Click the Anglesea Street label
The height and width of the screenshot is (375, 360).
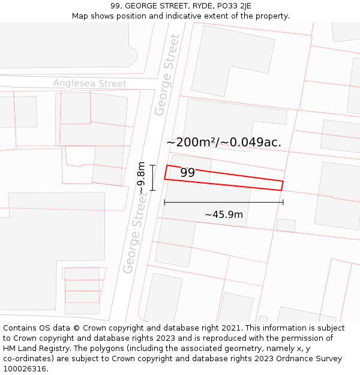pyautogui.click(x=89, y=83)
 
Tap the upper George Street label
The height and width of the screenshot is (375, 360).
pyautogui.click(x=167, y=75)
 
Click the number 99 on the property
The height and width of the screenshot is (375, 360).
pyautogui.click(x=187, y=173)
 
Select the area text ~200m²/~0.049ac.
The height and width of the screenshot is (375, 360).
pyautogui.click(x=224, y=143)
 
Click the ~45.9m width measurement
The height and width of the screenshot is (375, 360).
pyautogui.click(x=223, y=215)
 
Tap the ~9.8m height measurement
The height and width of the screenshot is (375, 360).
pyautogui.click(x=142, y=178)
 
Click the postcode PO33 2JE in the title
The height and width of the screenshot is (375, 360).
pyautogui.click(x=230, y=6)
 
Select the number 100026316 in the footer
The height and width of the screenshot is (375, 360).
pyautogui.click(x=25, y=369)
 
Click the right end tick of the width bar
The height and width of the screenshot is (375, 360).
pyautogui.click(x=283, y=202)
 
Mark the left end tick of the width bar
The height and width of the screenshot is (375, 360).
pyautogui.click(x=164, y=202)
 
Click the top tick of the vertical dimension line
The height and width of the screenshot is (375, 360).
pyautogui.click(x=153, y=165)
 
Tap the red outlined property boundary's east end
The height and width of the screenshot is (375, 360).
pyautogui.click(x=282, y=185)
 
